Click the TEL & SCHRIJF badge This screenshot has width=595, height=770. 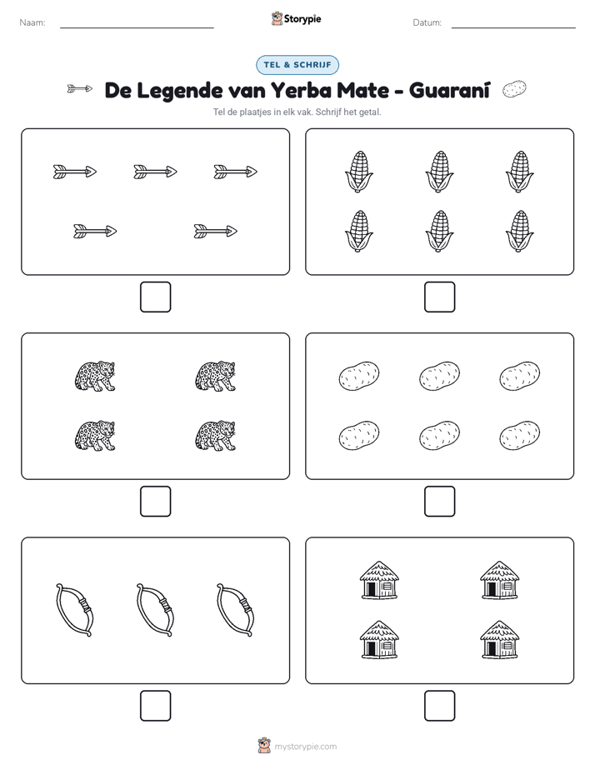(297, 65)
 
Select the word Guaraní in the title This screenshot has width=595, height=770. (449, 90)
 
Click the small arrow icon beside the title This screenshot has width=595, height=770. (79, 89)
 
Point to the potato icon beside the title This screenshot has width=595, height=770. (514, 89)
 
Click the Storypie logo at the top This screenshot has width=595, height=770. (296, 18)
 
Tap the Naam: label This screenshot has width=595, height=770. (32, 22)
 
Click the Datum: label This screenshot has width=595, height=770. (427, 22)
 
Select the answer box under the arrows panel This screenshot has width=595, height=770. (156, 297)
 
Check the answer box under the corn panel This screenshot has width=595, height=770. (440, 297)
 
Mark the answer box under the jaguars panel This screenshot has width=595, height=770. (156, 502)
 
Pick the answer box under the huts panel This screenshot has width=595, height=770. (440, 706)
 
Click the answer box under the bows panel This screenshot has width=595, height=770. (156, 706)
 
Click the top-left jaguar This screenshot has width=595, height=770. (95, 376)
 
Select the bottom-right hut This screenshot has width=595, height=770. (500, 639)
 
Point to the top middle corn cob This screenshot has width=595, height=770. (439, 172)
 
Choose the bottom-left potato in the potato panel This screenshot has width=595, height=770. (359, 436)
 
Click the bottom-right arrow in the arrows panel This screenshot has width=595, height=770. (216, 232)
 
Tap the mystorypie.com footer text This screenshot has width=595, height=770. (305, 747)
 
